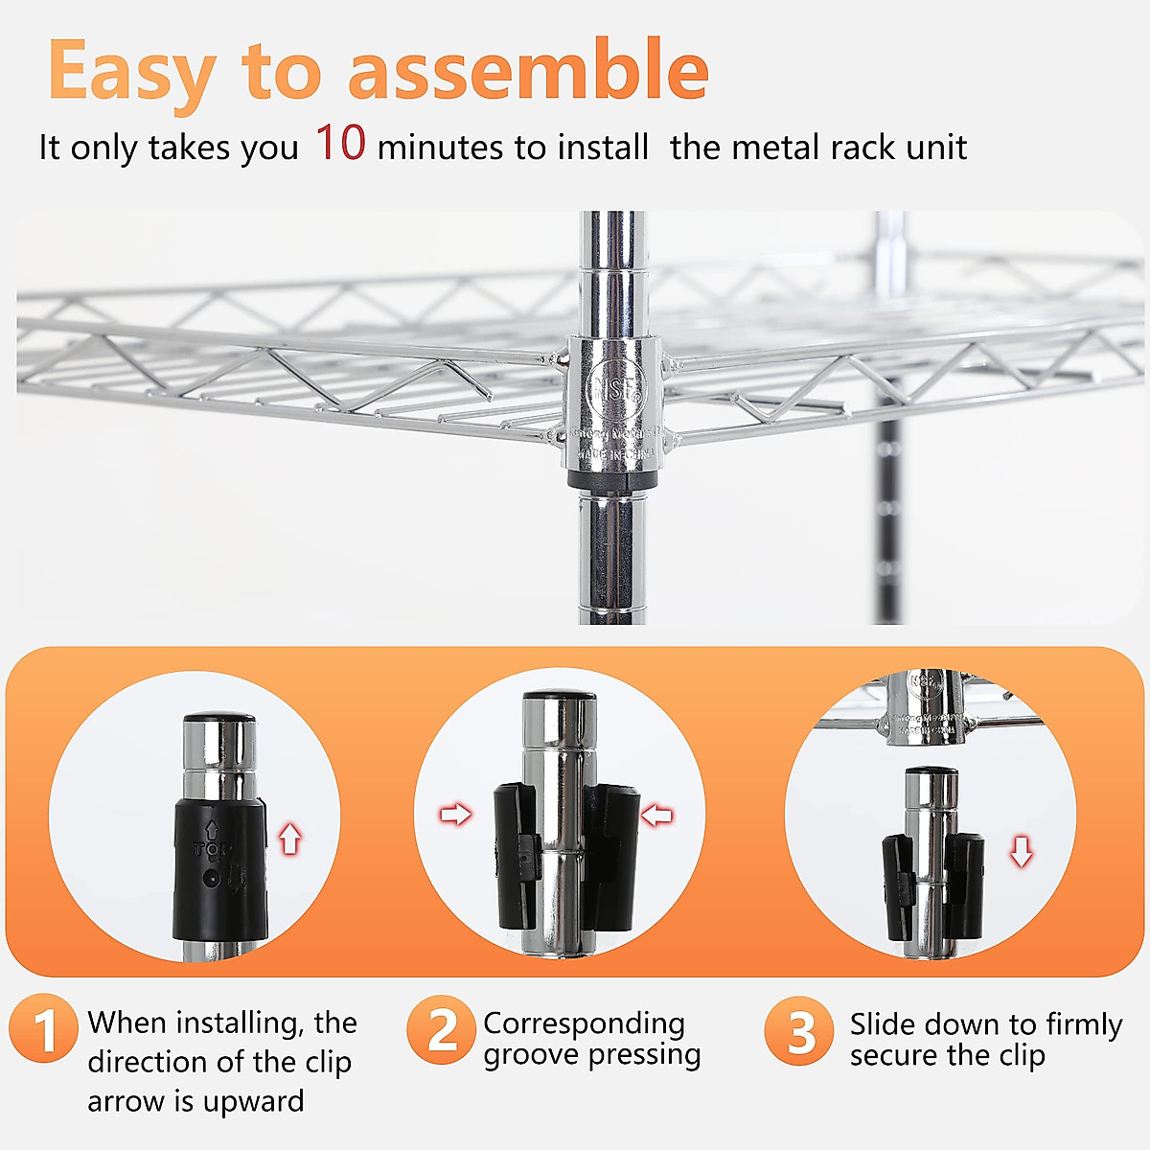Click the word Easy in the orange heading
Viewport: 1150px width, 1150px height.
[x=130, y=72]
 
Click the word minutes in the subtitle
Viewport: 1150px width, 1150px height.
[x=440, y=148]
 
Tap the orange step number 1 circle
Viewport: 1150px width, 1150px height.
[x=44, y=1029]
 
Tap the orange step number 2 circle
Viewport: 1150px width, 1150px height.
[x=441, y=1030]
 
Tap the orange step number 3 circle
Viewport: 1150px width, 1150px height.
[x=799, y=1031]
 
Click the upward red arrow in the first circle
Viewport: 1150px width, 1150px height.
[x=289, y=839]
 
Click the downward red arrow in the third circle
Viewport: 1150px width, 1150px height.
[x=1022, y=851]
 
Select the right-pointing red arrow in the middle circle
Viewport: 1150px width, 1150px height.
[x=455, y=815]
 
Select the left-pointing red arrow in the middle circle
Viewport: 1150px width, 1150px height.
[x=656, y=816]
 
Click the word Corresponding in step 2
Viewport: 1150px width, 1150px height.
[x=584, y=1023]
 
